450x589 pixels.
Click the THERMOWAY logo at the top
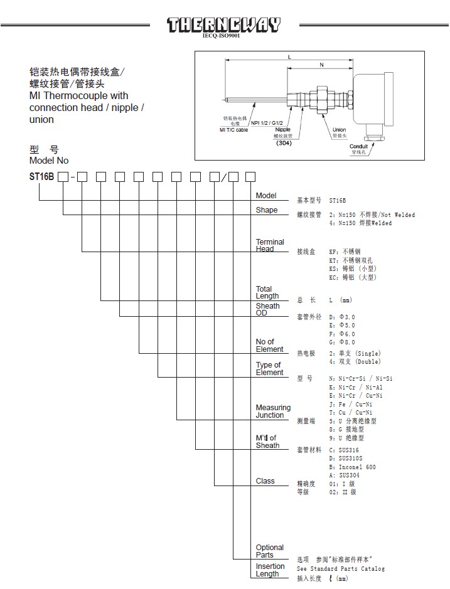click(223, 25)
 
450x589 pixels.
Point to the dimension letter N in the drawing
click(321, 65)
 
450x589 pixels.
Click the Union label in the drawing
click(340, 130)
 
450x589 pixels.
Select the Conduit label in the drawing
click(358, 147)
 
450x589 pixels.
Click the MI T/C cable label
click(233, 130)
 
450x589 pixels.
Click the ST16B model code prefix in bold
click(42, 177)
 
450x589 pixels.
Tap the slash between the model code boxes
click(223, 177)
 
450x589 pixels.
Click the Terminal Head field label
click(269, 245)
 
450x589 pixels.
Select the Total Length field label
click(267, 292)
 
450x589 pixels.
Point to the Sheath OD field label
click(267, 309)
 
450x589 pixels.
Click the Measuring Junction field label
click(273, 411)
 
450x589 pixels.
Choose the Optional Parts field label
click(269, 551)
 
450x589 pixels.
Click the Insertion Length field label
click(270, 570)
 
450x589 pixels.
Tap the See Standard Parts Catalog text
click(340, 568)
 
